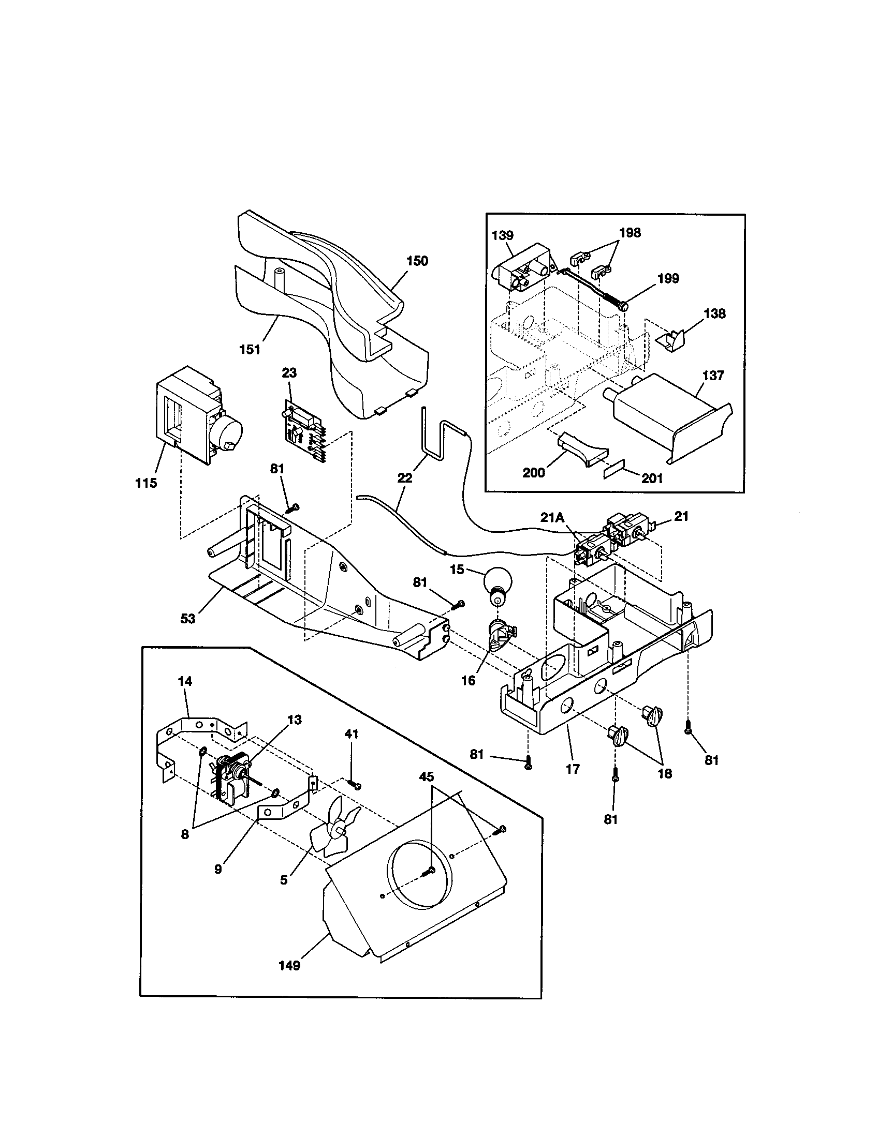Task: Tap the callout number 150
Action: (x=417, y=261)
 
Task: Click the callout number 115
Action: (x=146, y=483)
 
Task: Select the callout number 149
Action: (x=289, y=966)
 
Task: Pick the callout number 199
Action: (x=668, y=278)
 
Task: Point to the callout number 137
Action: (x=713, y=375)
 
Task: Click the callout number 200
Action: (x=533, y=473)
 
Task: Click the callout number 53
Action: (x=188, y=619)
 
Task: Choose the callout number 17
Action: (x=573, y=769)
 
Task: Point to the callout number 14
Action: (x=185, y=681)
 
